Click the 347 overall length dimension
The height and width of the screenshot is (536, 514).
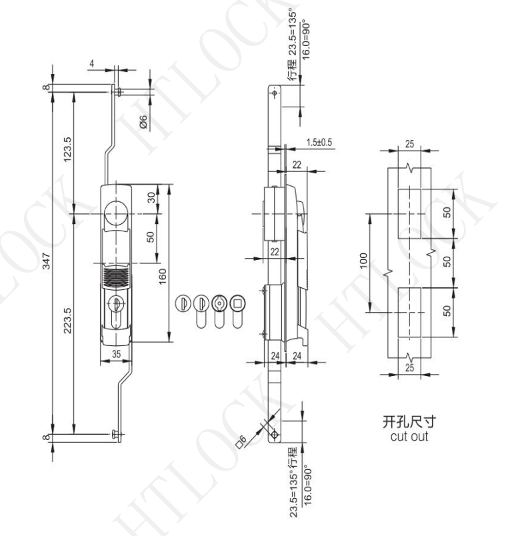point(47,261)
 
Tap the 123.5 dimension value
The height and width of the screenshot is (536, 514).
point(67,149)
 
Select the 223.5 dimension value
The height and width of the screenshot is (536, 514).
point(67,320)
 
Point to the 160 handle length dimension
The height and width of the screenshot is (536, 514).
point(163,276)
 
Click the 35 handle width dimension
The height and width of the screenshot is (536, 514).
point(116,354)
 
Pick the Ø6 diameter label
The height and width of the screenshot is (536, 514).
point(143,122)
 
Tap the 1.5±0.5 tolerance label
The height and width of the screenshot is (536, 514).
point(319,142)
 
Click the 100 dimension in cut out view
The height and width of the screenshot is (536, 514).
point(363,261)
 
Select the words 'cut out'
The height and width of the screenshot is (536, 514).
point(409,437)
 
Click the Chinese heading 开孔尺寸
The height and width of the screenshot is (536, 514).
point(409,421)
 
